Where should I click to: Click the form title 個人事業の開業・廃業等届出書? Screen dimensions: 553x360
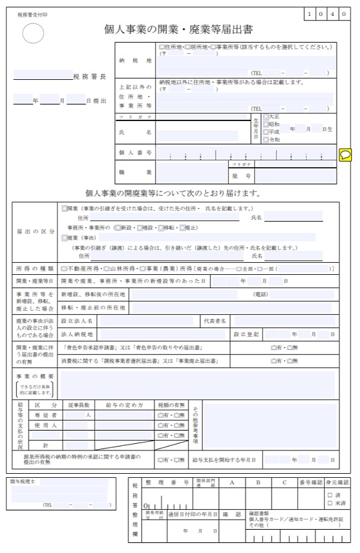click(x=178, y=29)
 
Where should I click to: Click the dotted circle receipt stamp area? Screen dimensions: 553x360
click(x=33, y=33)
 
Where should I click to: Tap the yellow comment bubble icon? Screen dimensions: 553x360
click(x=345, y=155)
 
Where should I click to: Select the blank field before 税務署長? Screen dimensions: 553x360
click(x=42, y=76)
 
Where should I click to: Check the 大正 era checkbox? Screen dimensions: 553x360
click(x=266, y=116)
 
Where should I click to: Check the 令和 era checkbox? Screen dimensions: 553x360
click(x=266, y=140)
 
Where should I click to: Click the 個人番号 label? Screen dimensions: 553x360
click(x=135, y=153)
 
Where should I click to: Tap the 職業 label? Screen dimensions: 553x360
click(x=135, y=172)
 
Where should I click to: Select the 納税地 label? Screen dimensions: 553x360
click(x=135, y=60)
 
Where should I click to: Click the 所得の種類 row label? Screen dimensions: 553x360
click(x=35, y=269)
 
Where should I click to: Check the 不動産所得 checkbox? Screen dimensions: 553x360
click(x=64, y=269)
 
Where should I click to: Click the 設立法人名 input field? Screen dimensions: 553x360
click(x=147, y=321)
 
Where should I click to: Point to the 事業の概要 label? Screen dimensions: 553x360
click(x=35, y=377)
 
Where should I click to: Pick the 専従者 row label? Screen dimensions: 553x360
click(x=46, y=415)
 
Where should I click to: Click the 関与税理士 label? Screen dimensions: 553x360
click(x=23, y=480)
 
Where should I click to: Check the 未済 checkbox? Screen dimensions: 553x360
click(x=330, y=503)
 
